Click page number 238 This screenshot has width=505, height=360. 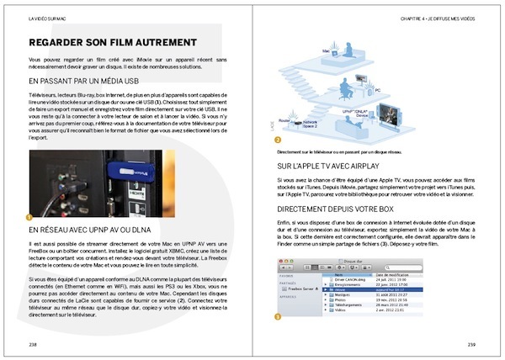coord(33,345)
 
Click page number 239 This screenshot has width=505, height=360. coord(472,345)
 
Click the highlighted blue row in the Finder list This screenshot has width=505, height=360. coord(370,288)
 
